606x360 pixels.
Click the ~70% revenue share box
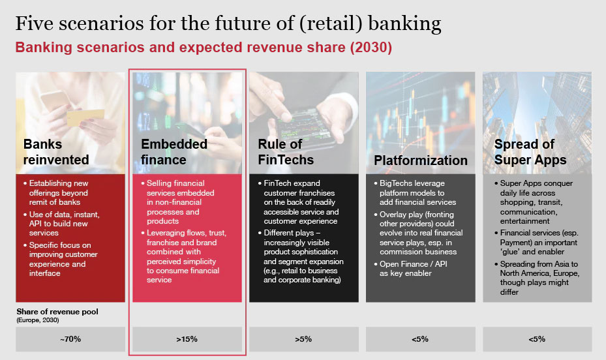pyautogui.click(x=70, y=339)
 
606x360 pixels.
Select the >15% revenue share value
pyautogui.click(x=187, y=339)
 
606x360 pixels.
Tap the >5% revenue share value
pyautogui.click(x=303, y=339)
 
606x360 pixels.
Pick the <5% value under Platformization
pyautogui.click(x=420, y=339)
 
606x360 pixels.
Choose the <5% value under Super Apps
pyautogui.click(x=537, y=339)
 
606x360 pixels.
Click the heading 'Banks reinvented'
pyautogui.click(x=56, y=152)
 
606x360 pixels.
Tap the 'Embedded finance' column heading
pyautogui.click(x=174, y=152)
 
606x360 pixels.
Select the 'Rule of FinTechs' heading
pyautogui.click(x=286, y=152)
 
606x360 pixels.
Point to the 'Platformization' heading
pyautogui.click(x=421, y=160)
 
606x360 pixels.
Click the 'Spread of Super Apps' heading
pyautogui.click(x=530, y=152)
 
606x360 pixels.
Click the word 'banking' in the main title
pyautogui.click(x=404, y=24)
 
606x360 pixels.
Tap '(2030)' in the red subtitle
pyautogui.click(x=371, y=48)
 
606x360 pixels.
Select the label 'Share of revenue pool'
pyautogui.click(x=57, y=311)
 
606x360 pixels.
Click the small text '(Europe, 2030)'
pyautogui.click(x=37, y=320)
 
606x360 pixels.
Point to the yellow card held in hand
pyautogui.click(x=85, y=117)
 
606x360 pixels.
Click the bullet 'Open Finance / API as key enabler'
pyautogui.click(x=410, y=269)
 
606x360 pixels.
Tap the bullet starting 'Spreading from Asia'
pyautogui.click(x=538, y=278)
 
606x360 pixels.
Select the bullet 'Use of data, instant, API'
pyautogui.click(x=61, y=224)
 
